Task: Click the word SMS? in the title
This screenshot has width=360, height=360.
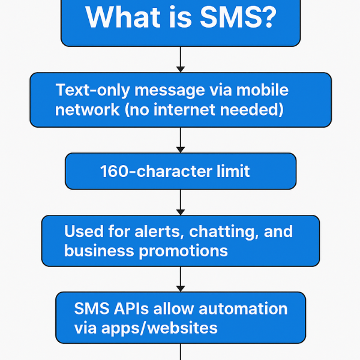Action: [238, 17]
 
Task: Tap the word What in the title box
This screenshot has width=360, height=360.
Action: [123, 17]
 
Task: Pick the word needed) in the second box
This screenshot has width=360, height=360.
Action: [252, 110]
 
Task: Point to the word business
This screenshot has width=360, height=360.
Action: [99, 250]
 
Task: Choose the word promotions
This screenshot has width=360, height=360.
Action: [183, 251]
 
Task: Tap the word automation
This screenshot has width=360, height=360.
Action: [243, 308]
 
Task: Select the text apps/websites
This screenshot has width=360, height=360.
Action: [160, 328]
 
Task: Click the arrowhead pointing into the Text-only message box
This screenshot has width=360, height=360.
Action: [181, 70]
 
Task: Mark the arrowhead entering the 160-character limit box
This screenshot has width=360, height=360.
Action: [181, 149]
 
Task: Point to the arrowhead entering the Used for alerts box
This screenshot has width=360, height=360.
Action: [181, 212]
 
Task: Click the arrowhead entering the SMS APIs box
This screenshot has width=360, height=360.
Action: [181, 289]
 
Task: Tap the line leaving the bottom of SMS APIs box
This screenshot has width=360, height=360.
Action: [181, 352]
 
